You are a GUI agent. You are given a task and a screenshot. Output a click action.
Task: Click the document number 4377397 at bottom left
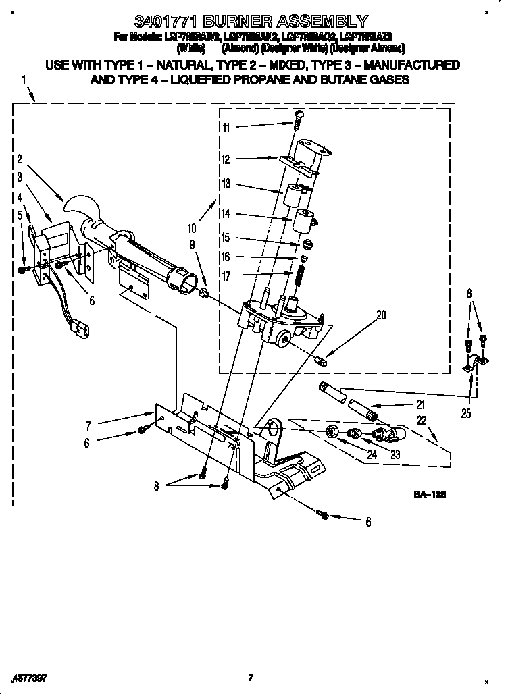point(28,677)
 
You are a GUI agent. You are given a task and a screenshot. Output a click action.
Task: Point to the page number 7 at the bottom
point(250,677)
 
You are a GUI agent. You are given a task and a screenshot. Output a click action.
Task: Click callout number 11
point(226,128)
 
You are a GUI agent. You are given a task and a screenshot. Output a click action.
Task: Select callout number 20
point(380,313)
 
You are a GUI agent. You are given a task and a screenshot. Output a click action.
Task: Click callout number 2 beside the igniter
point(20,160)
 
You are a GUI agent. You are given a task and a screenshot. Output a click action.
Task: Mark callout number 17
point(226,275)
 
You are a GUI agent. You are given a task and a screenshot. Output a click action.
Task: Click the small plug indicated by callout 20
point(322,360)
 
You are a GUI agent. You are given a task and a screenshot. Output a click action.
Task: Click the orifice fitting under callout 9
point(202,292)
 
